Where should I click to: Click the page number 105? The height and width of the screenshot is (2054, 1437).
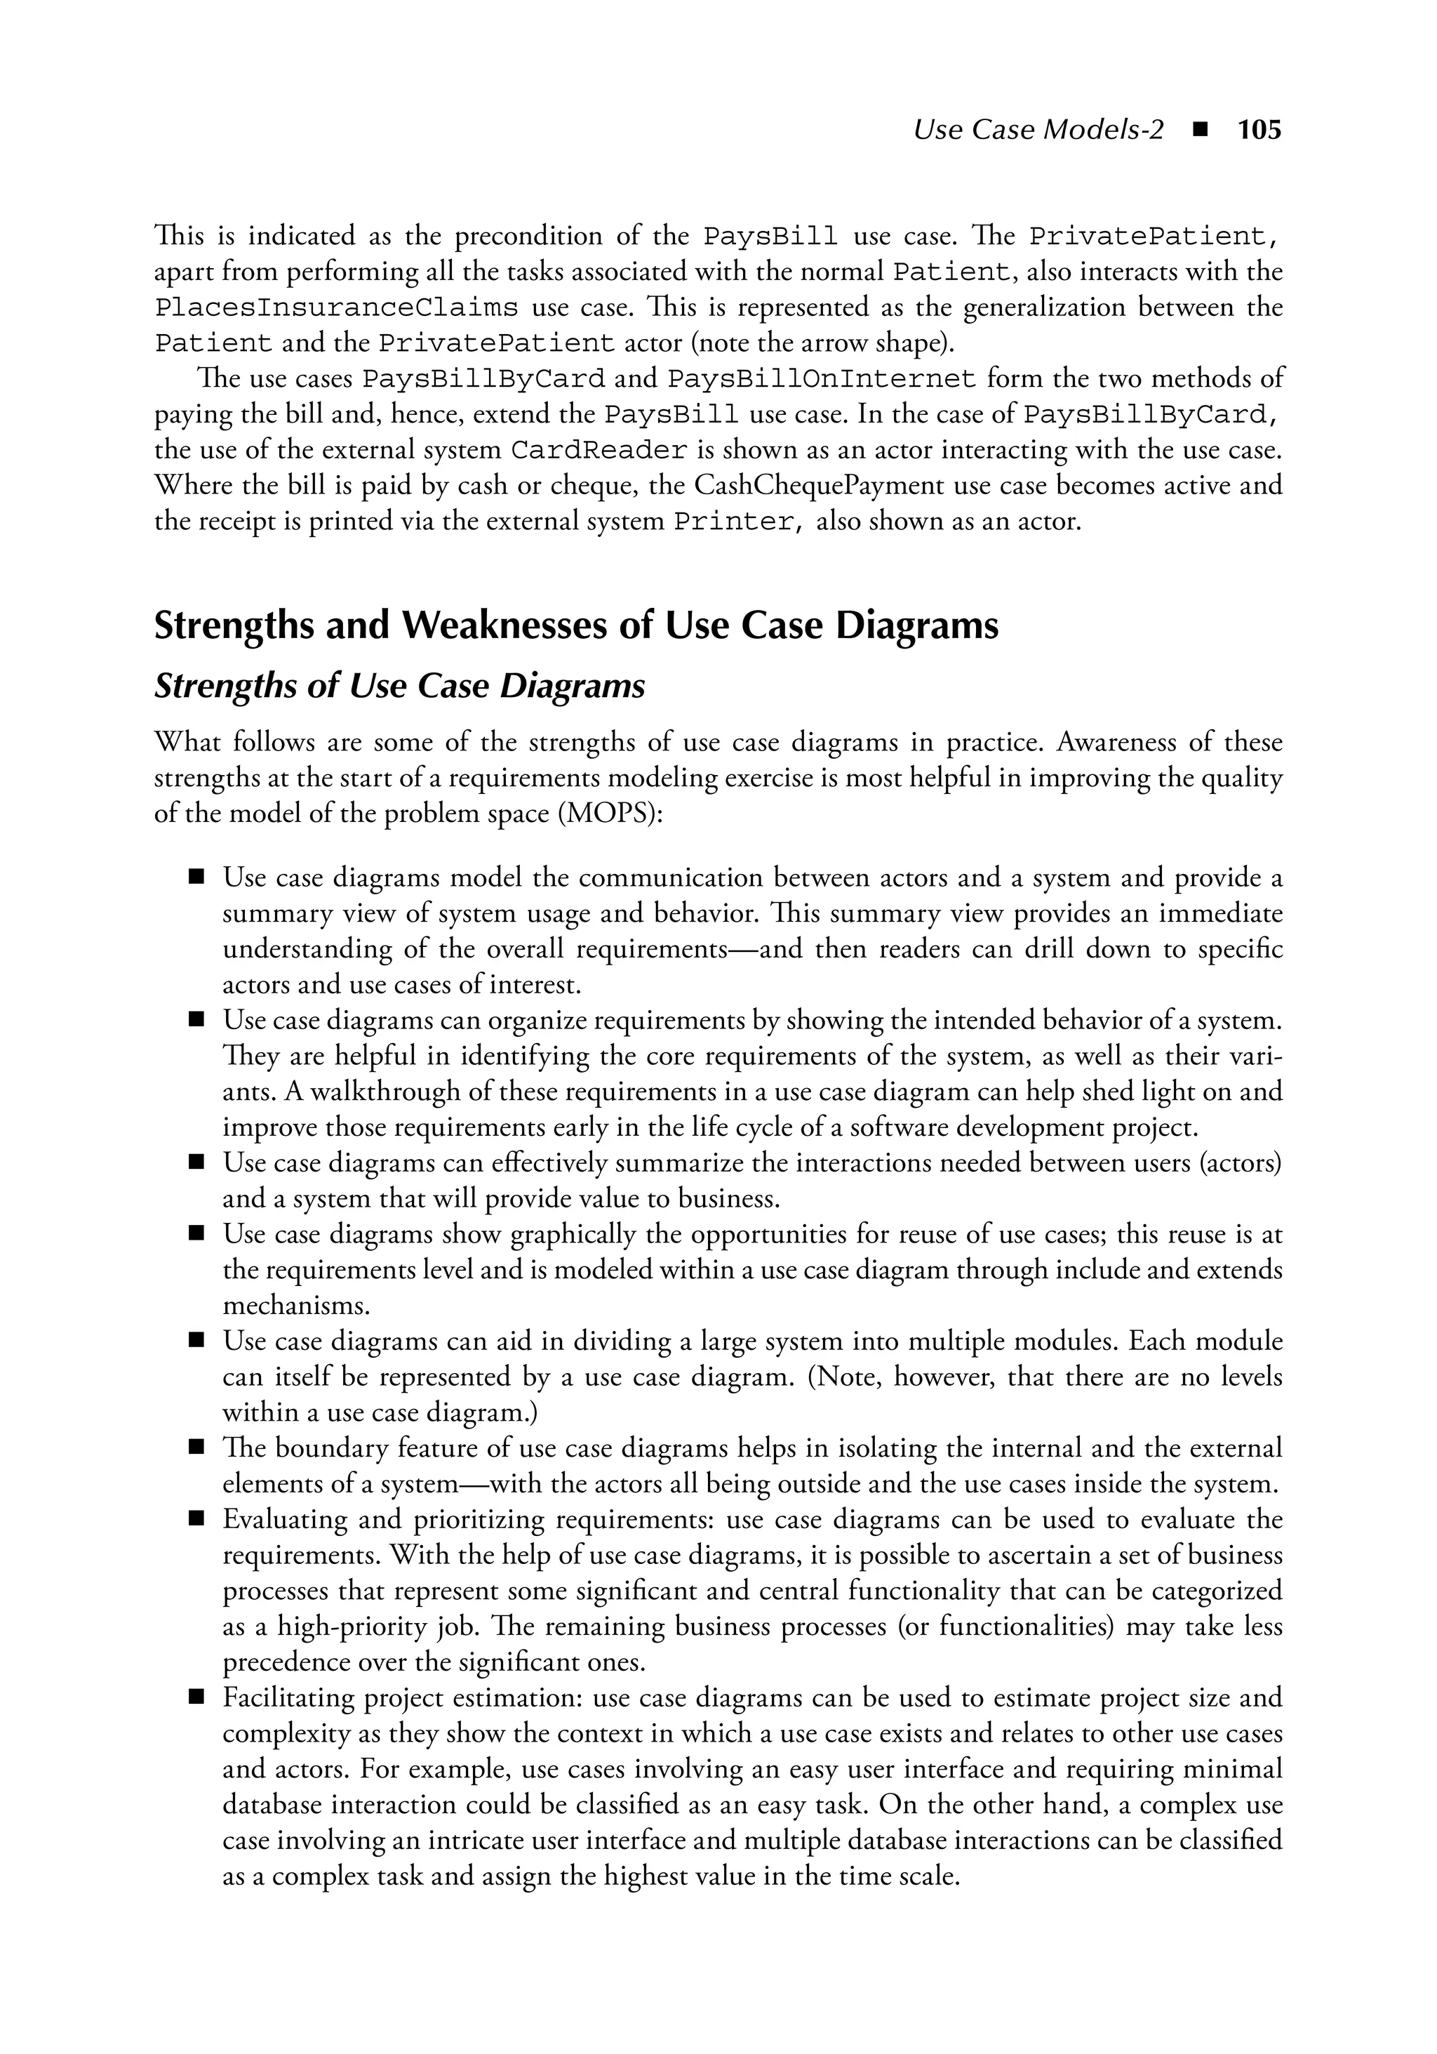click(x=1259, y=131)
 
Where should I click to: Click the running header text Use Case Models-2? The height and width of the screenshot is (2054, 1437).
click(x=1038, y=131)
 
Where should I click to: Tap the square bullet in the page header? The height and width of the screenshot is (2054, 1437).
click(x=1201, y=131)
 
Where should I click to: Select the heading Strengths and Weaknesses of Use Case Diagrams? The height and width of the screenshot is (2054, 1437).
click(x=576, y=625)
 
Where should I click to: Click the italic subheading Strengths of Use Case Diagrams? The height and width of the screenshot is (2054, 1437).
click(x=399, y=686)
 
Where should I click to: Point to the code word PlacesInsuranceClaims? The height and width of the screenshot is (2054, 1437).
click(x=335, y=307)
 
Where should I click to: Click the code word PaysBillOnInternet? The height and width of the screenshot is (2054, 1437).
click(x=821, y=379)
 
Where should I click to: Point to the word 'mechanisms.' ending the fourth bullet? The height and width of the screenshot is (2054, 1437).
click(x=296, y=1305)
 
